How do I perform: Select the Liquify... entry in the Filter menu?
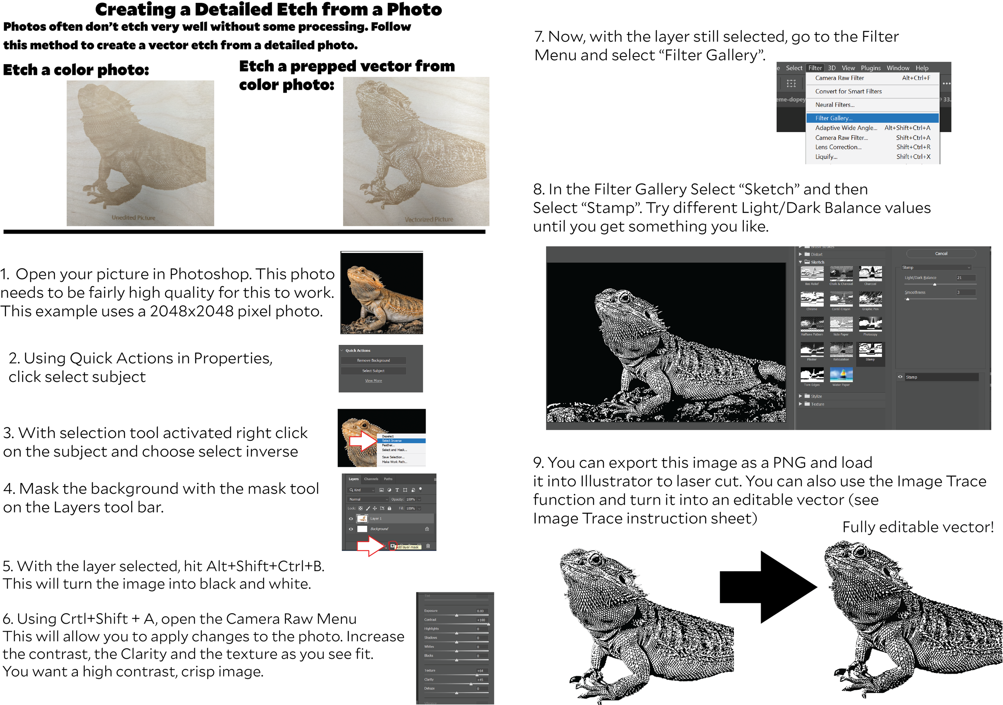(x=826, y=157)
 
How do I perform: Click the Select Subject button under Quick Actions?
(x=373, y=371)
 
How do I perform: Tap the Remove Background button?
(x=373, y=360)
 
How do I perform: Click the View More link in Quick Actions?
(x=373, y=381)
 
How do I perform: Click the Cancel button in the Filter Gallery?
(x=940, y=254)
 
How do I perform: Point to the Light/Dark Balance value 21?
(x=959, y=278)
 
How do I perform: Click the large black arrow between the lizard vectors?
(x=768, y=588)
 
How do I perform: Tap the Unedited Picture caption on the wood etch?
(x=133, y=217)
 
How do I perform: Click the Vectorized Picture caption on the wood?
(x=428, y=219)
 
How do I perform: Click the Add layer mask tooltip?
(x=408, y=547)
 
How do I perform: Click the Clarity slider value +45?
(x=480, y=680)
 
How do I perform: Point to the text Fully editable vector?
(x=918, y=527)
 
